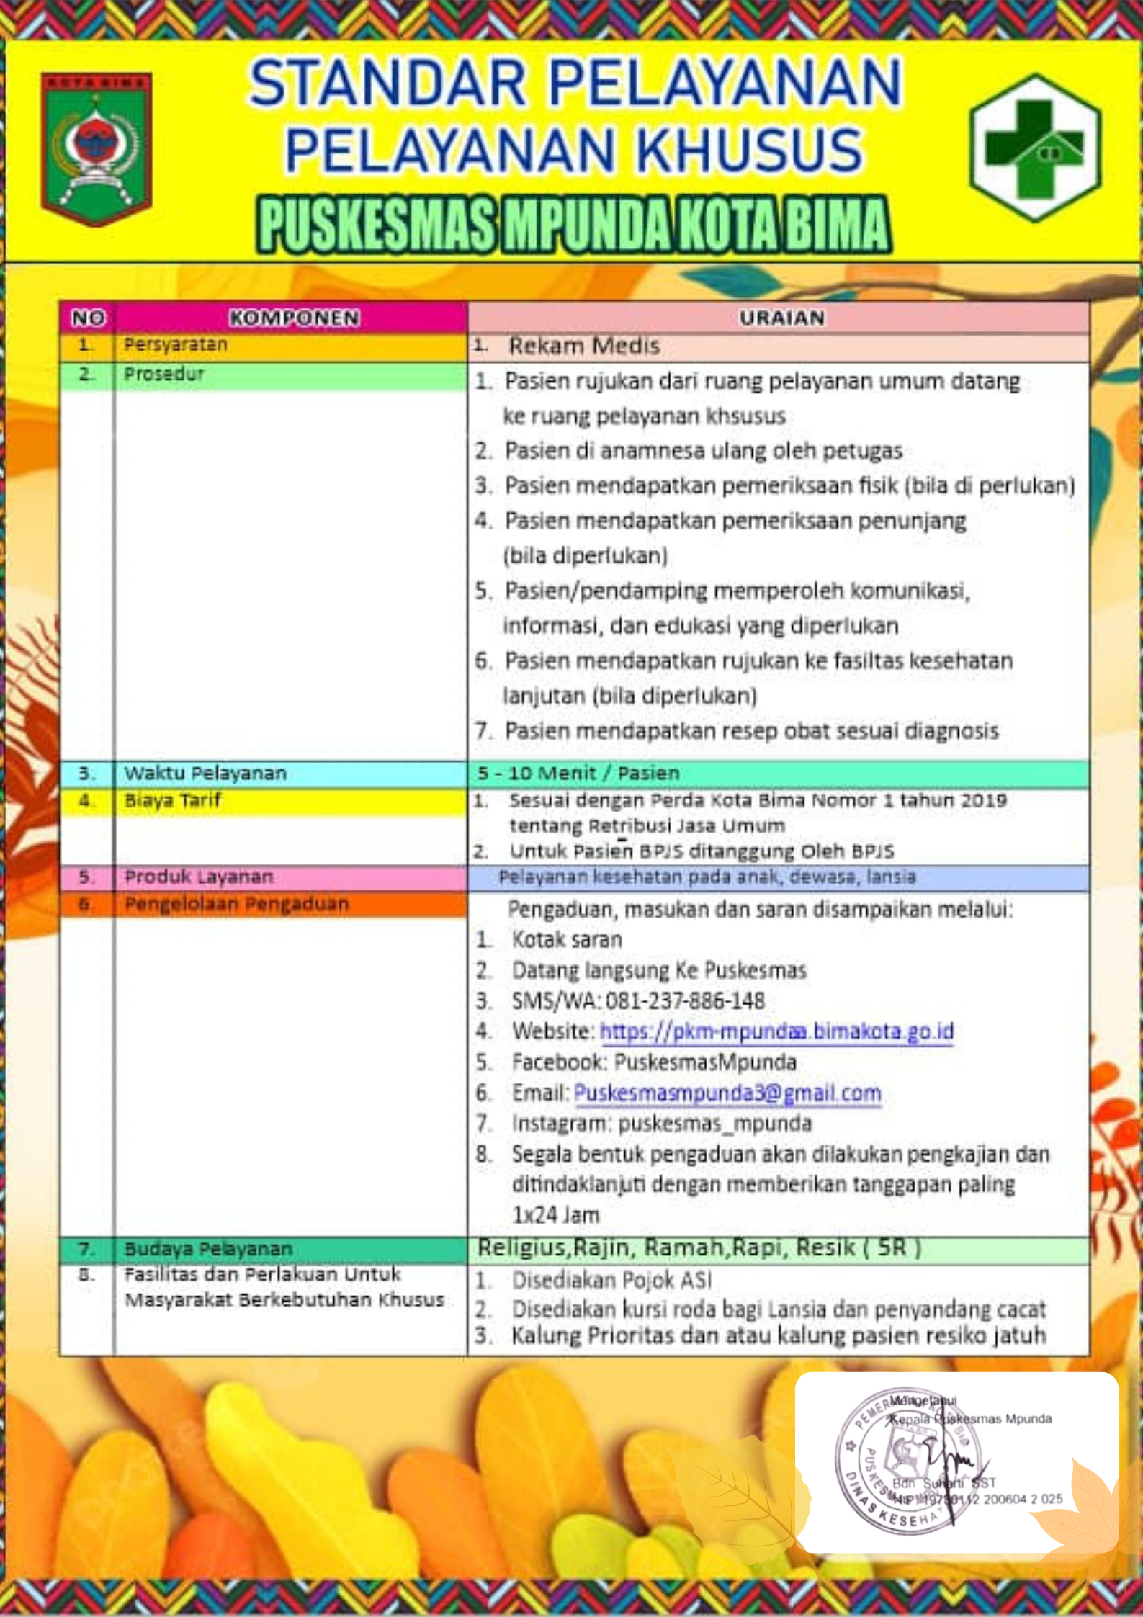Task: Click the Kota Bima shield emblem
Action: (97, 148)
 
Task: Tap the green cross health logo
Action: (1035, 148)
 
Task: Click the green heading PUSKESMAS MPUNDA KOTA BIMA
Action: (574, 225)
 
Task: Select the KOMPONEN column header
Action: (294, 318)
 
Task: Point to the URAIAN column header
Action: (781, 318)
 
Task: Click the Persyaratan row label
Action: (176, 345)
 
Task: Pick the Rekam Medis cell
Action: (584, 346)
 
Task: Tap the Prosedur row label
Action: (164, 375)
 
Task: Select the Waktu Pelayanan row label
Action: (205, 773)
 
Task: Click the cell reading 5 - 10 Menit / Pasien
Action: (578, 773)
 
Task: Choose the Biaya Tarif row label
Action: (173, 800)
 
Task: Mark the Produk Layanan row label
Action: (199, 877)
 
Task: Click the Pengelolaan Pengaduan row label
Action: (236, 904)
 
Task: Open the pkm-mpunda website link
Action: (776, 1031)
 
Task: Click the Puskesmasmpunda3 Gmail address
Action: (727, 1093)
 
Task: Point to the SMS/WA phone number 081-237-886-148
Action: (685, 1000)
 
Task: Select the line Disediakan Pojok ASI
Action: (611, 1280)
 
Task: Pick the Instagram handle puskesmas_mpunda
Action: (714, 1124)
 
